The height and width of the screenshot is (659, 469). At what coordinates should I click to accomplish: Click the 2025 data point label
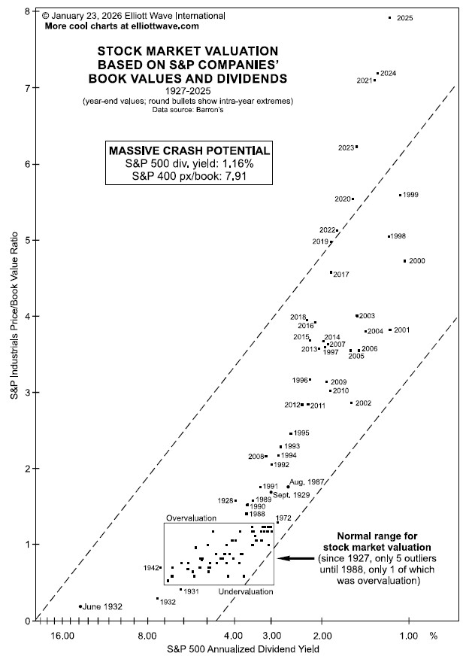[x=404, y=17]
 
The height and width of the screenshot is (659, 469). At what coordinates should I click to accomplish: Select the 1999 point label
[x=410, y=195]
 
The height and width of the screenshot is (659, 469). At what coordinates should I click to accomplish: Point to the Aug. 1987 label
[x=307, y=481]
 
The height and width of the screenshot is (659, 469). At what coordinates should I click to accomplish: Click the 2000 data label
[x=417, y=261]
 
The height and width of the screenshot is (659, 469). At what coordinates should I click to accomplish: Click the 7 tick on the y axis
[x=27, y=88]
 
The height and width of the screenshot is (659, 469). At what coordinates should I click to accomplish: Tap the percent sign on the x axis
[x=433, y=636]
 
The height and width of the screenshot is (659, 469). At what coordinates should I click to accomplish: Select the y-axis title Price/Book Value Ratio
[x=13, y=316]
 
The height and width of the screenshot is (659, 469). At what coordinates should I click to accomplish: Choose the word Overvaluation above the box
[x=191, y=518]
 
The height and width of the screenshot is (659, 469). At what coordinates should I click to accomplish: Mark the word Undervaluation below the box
[x=247, y=593]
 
